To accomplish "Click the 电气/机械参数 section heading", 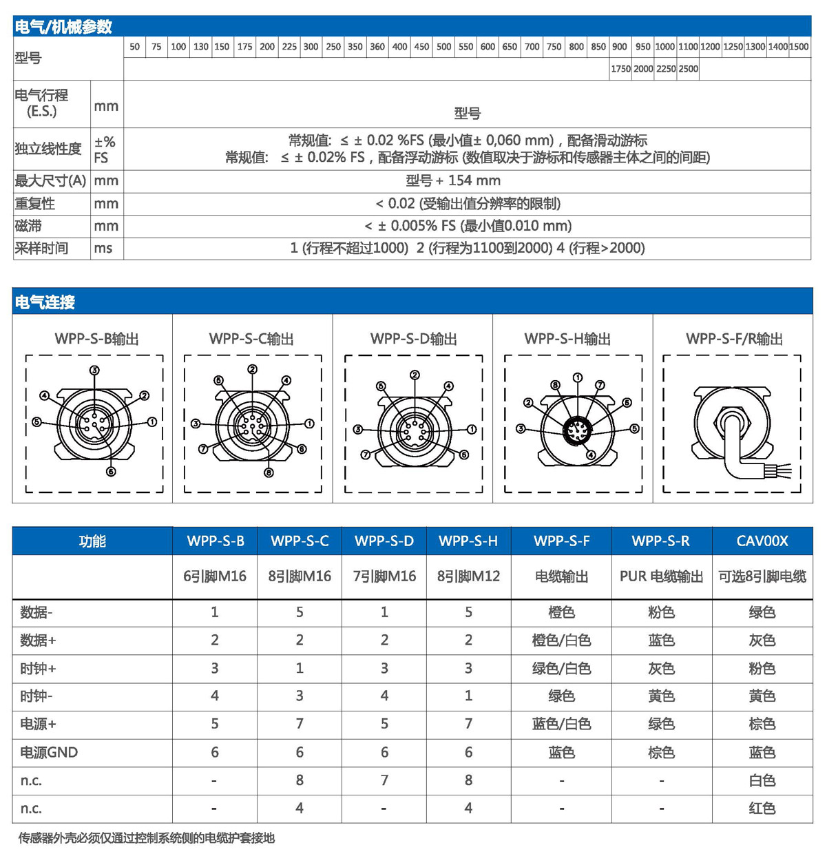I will point(63,27).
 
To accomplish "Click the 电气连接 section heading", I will point(45,302).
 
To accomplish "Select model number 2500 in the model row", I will point(688,69).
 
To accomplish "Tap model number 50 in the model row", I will point(134,47).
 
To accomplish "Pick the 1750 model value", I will point(620,69).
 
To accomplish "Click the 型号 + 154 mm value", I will point(453,181).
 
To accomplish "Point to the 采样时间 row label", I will point(41,249).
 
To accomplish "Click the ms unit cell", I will point(103,249).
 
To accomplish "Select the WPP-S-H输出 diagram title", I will point(567,339).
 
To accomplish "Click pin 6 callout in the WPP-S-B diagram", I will point(111,472).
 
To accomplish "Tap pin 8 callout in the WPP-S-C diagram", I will point(269,472).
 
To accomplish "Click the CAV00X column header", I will point(762,541).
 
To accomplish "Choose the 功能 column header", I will point(92,541).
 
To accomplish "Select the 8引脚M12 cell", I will point(468,576).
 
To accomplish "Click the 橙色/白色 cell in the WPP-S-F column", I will point(561,640).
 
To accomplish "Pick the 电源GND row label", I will point(49,753).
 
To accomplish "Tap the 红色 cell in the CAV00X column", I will point(762,809).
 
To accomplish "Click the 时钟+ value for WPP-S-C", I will point(300,668).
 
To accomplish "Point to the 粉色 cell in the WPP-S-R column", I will point(661,612).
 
